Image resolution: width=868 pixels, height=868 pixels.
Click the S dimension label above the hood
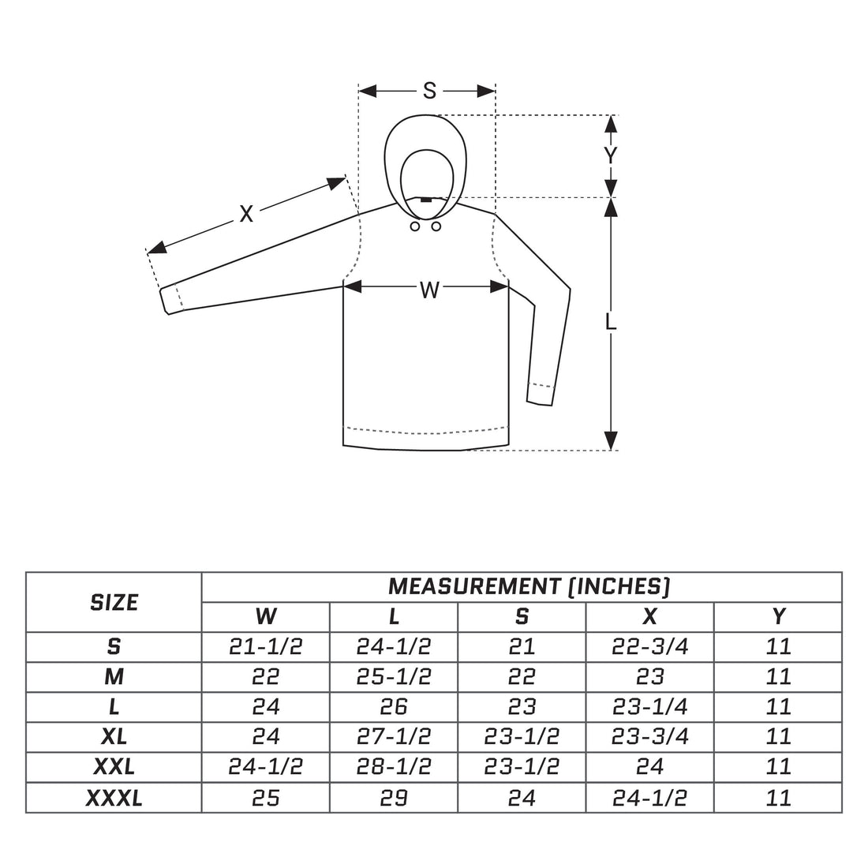pyautogui.click(x=429, y=90)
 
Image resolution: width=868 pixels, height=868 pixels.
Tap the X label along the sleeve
pyautogui.click(x=245, y=214)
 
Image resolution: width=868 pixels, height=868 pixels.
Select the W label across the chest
pyautogui.click(x=429, y=290)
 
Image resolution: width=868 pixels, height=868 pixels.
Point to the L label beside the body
pyautogui.click(x=611, y=322)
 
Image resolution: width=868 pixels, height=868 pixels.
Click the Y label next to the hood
pyautogui.click(x=610, y=155)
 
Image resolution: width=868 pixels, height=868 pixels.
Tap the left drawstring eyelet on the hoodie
pyautogui.click(x=414, y=226)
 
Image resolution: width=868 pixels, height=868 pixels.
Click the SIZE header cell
pyautogui.click(x=114, y=602)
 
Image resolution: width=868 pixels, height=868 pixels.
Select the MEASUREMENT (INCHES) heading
pyautogui.click(x=529, y=586)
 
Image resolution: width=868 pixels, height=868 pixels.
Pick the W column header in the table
pyautogui.click(x=266, y=617)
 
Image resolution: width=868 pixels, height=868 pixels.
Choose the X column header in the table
pyautogui.click(x=650, y=617)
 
